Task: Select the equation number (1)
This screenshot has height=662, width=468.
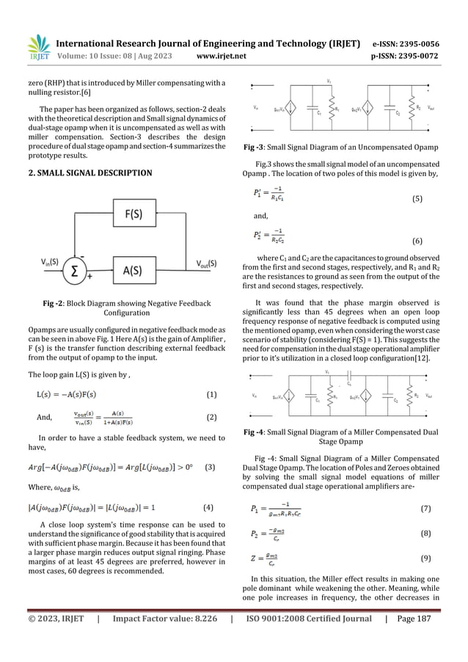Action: coord(211,394)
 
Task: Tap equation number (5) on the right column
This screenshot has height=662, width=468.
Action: coord(417,199)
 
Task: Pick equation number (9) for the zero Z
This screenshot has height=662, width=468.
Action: coord(426,557)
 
